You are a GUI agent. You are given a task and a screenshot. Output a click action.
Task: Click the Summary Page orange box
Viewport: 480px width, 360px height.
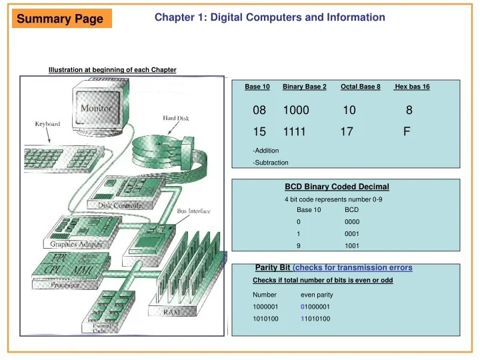[60, 19]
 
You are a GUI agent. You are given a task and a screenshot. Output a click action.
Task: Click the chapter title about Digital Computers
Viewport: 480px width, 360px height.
[269, 17]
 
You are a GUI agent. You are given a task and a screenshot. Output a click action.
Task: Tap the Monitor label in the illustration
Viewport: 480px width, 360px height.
[97, 107]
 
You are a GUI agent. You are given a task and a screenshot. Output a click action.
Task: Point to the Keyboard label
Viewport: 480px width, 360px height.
[47, 123]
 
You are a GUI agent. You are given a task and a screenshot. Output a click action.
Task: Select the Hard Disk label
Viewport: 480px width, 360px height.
[176, 118]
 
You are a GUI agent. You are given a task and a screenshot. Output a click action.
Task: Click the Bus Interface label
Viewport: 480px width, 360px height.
[193, 211]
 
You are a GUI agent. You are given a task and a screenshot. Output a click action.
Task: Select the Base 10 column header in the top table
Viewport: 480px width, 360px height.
[257, 87]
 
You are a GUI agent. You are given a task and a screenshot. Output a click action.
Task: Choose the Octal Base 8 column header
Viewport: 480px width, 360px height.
[360, 87]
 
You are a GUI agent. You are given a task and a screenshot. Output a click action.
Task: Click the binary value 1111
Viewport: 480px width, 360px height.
[294, 132]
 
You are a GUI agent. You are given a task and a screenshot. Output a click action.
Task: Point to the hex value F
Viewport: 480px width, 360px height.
[407, 132]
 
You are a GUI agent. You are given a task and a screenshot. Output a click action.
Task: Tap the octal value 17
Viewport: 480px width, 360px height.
[347, 132]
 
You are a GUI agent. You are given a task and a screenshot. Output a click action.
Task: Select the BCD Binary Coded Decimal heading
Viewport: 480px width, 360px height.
[337, 187]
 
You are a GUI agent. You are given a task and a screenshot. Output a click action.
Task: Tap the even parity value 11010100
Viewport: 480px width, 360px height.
[315, 319]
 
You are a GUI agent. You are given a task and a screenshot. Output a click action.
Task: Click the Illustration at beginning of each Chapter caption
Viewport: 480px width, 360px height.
[112, 71]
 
